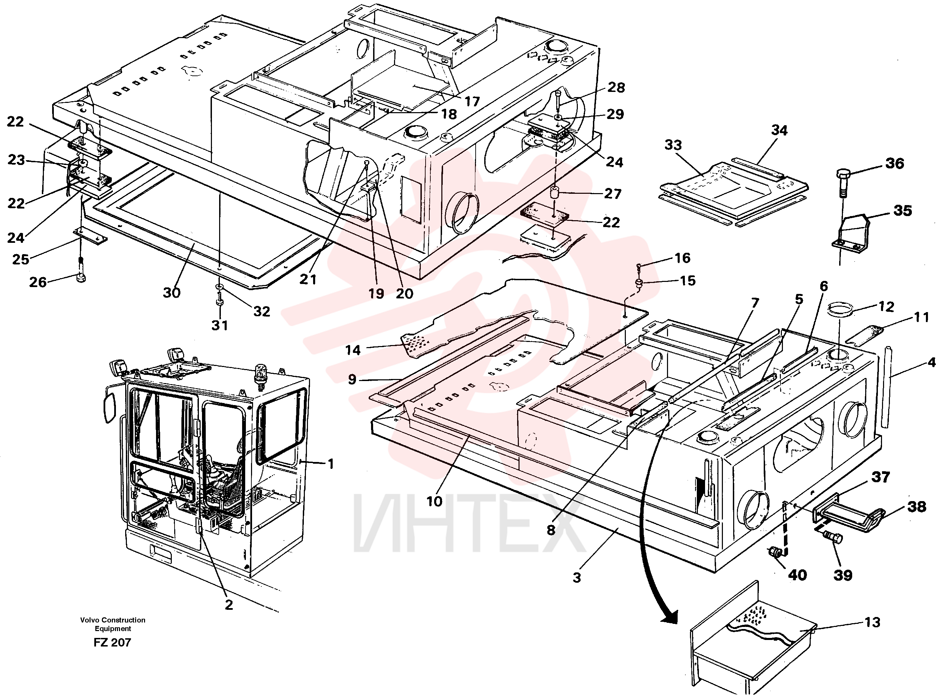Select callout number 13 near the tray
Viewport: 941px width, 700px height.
(872, 622)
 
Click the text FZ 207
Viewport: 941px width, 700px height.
(112, 642)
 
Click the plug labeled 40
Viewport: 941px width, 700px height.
(776, 553)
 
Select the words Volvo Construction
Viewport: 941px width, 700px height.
(113, 619)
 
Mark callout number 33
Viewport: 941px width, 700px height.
(673, 145)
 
